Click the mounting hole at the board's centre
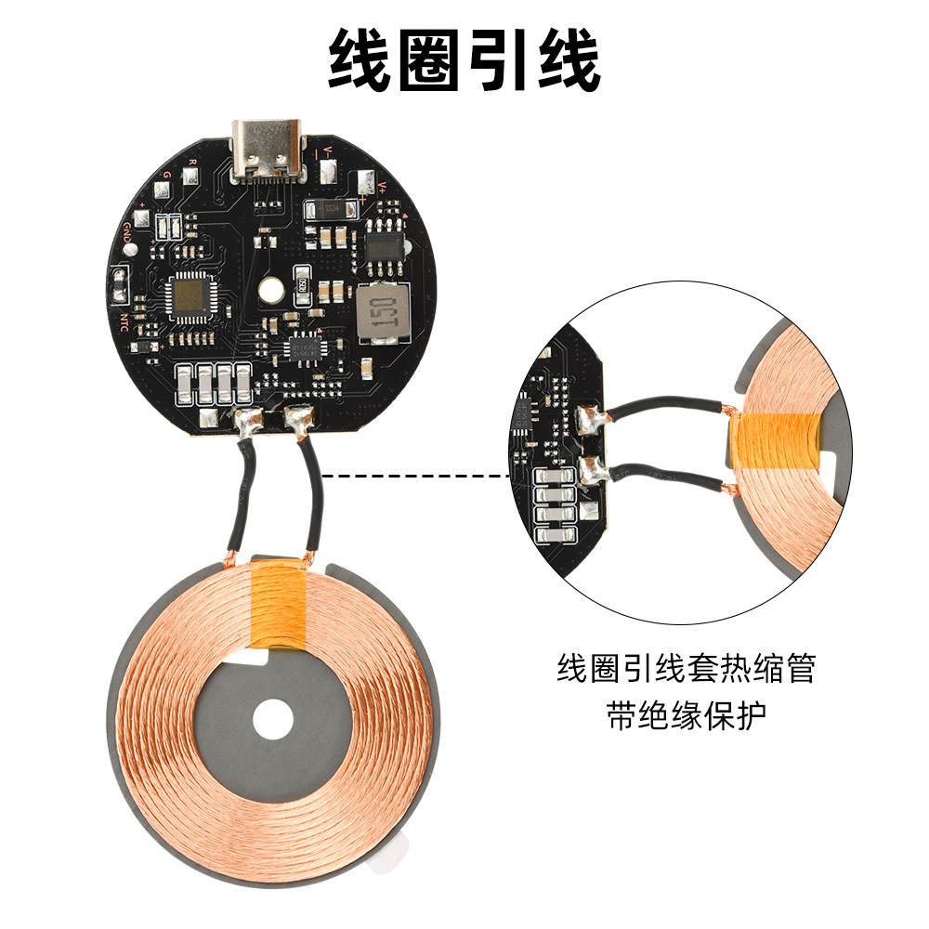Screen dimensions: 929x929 point(270,291)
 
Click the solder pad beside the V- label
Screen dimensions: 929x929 point(329,172)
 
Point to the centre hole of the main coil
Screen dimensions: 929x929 point(272,717)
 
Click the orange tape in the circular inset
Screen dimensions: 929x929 point(776,441)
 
